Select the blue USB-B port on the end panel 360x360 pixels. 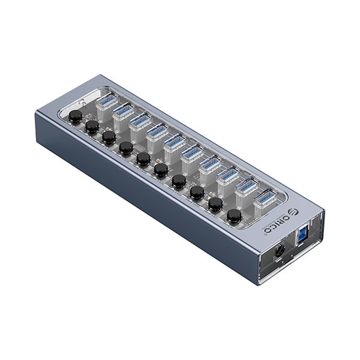click(x=303, y=236)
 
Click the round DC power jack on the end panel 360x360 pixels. click(x=280, y=252)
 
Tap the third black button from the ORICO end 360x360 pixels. click(x=197, y=193)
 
